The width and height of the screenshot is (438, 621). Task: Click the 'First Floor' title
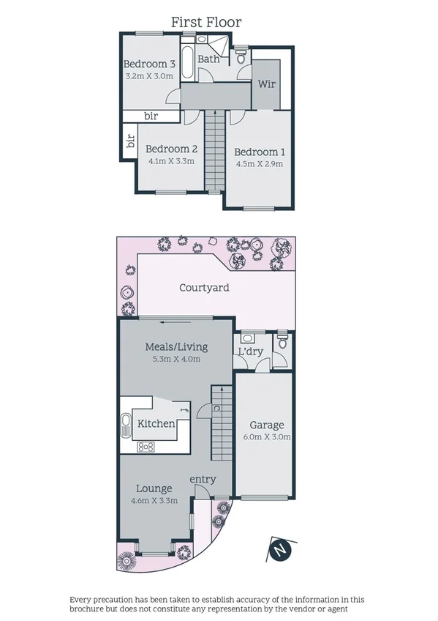point(206,23)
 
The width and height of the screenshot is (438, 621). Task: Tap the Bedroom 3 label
point(149,63)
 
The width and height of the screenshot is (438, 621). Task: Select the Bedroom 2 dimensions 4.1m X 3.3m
point(171,161)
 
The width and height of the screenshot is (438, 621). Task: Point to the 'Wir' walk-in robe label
point(265,84)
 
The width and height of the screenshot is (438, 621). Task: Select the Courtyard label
point(204,288)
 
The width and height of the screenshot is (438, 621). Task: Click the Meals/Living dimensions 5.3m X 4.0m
point(175,359)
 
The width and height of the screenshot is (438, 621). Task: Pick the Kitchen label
point(156,423)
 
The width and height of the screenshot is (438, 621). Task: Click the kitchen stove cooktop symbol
point(146,446)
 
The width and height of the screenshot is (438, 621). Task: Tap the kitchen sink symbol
point(126,423)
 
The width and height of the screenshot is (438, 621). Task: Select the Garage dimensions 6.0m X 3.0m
point(267,437)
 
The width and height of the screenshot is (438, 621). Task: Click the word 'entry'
point(203,479)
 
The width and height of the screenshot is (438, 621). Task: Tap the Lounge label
point(154,488)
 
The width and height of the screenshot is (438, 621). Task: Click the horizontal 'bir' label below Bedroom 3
point(151,116)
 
